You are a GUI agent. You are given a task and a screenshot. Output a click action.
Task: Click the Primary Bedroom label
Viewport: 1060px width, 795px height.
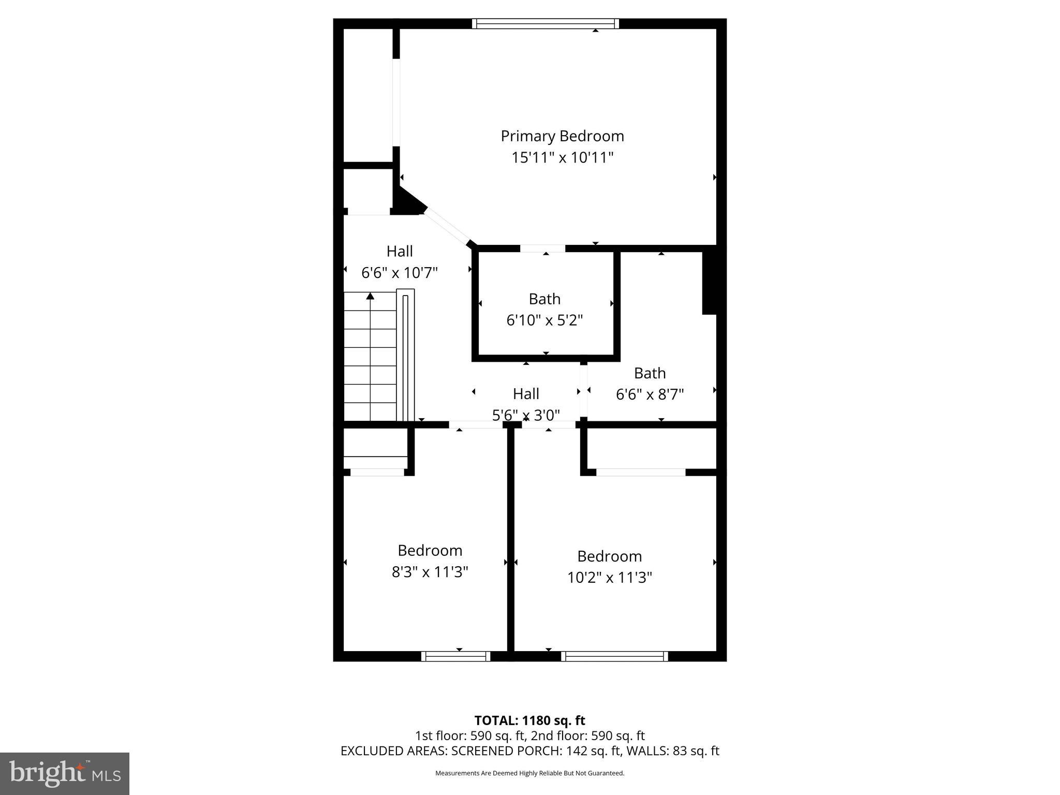click(x=562, y=136)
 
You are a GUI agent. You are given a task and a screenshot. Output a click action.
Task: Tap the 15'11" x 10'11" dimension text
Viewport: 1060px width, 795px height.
click(x=562, y=157)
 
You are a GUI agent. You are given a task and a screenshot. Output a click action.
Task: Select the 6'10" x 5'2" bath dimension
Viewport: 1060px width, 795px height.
click(x=544, y=320)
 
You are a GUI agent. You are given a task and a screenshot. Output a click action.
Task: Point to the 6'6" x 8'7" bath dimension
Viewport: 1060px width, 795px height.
click(x=650, y=394)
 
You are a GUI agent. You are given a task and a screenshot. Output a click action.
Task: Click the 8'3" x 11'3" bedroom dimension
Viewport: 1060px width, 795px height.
click(x=430, y=572)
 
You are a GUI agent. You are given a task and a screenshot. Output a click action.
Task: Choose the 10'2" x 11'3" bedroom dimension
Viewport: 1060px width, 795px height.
click(x=609, y=578)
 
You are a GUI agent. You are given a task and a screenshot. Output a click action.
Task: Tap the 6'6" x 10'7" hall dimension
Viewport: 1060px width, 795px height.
click(x=400, y=273)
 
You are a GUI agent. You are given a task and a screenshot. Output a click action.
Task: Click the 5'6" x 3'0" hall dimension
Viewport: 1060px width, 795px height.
click(x=526, y=415)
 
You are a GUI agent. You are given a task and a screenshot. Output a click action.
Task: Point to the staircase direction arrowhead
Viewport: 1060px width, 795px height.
click(x=370, y=296)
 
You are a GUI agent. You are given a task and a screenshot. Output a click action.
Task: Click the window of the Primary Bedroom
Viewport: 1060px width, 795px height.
click(x=546, y=24)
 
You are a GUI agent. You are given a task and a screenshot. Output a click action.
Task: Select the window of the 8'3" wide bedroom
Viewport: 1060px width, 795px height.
click(x=455, y=656)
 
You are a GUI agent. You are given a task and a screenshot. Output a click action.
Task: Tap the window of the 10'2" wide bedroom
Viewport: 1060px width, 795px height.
click(x=614, y=656)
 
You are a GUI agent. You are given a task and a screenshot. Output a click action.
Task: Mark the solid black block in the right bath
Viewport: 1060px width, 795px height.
click(x=709, y=283)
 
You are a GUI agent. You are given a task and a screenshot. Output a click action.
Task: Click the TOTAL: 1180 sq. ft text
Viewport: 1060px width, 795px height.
click(x=529, y=720)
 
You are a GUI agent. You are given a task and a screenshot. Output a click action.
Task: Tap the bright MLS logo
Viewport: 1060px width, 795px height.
click(x=64, y=774)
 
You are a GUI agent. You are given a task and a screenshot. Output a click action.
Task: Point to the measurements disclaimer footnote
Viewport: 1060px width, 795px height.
click(x=529, y=773)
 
